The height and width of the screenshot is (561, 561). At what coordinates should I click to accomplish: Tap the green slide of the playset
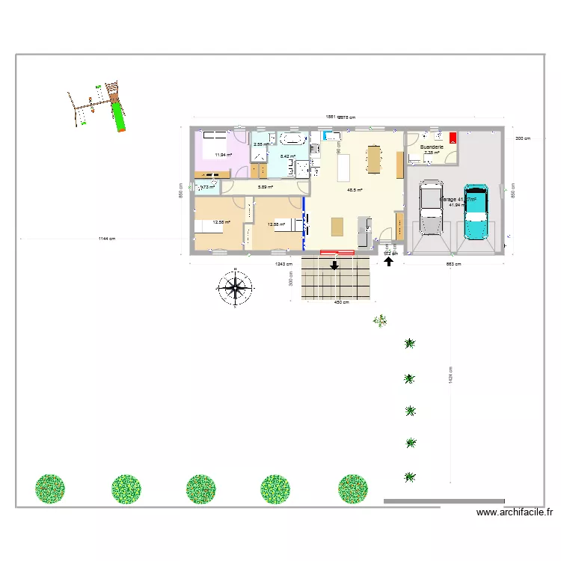click(x=117, y=116)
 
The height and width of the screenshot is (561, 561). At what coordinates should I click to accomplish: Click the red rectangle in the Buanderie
click(x=452, y=137)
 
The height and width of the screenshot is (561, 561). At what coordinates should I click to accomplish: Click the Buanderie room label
click(x=432, y=147)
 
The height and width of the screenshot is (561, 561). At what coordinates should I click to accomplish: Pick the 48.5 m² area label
click(x=355, y=190)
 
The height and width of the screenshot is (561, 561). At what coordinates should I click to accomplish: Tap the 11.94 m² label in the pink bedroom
click(x=223, y=155)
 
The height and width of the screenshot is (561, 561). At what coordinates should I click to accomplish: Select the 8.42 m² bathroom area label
click(x=287, y=156)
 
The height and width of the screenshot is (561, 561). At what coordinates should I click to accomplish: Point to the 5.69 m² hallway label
click(x=265, y=187)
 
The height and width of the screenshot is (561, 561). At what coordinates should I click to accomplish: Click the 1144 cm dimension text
click(x=108, y=239)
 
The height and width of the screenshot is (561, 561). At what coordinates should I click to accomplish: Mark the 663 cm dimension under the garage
click(x=453, y=264)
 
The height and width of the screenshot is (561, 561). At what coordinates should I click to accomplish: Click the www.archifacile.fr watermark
click(x=515, y=513)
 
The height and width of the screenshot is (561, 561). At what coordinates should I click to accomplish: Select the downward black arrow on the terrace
click(x=334, y=265)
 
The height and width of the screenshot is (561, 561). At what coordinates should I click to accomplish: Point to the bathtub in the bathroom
click(x=292, y=139)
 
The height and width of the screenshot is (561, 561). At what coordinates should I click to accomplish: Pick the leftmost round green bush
click(x=49, y=489)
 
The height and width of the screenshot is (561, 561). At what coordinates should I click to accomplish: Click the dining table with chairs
click(x=373, y=158)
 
